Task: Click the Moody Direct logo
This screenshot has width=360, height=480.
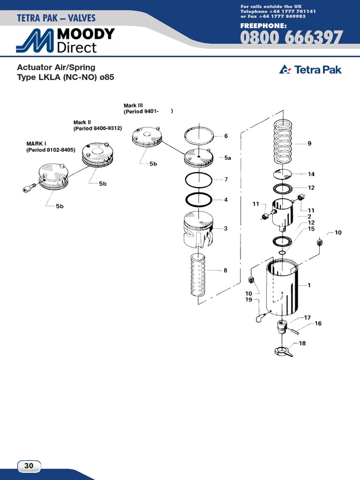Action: point(65,41)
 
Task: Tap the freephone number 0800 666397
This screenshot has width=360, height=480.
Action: point(291,38)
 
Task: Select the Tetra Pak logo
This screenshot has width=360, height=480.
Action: point(310,70)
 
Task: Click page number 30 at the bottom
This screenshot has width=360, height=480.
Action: point(29,466)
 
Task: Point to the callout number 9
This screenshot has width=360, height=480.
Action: point(309,144)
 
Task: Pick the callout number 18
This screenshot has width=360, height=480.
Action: point(302,344)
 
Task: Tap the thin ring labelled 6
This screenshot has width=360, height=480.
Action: point(199,136)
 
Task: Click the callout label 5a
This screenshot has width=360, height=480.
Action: point(228,158)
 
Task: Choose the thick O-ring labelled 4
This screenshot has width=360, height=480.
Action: point(199,200)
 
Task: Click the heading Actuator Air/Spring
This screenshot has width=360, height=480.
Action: point(56,67)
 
